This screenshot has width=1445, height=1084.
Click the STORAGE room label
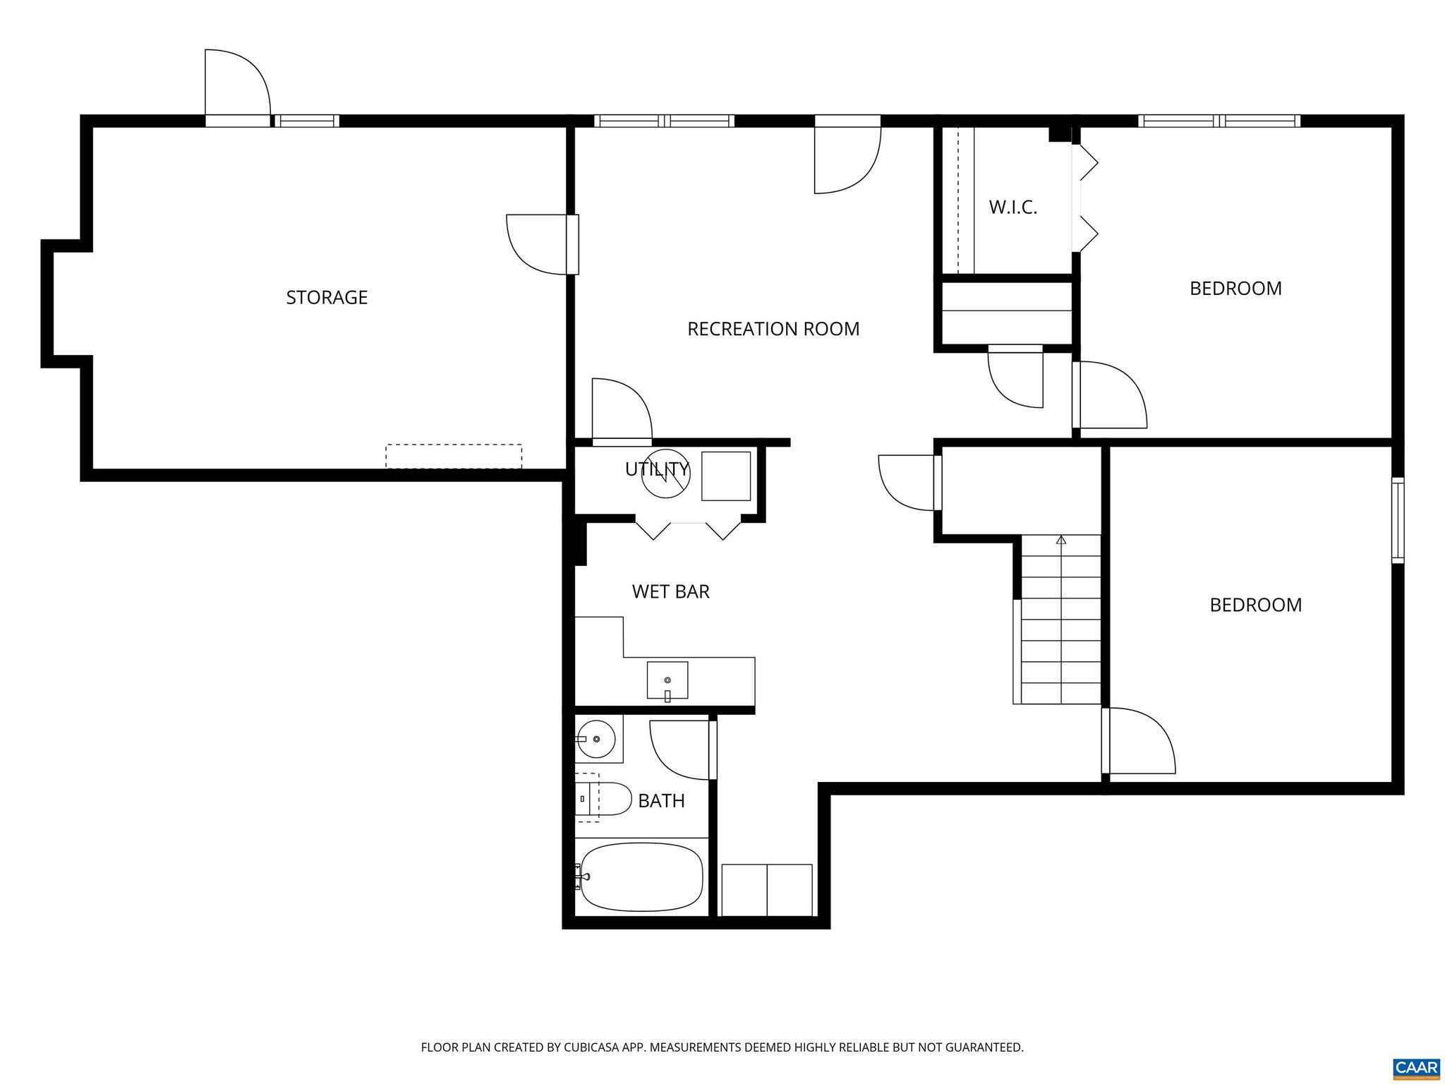pyautogui.click(x=327, y=297)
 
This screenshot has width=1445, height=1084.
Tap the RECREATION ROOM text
pyautogui.click(x=773, y=329)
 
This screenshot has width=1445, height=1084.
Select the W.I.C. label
pyautogui.click(x=1012, y=207)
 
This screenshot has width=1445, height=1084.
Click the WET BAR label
pyautogui.click(x=670, y=591)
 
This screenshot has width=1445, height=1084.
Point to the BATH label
pyautogui.click(x=661, y=801)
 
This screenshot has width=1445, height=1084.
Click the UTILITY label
pyautogui.click(x=656, y=469)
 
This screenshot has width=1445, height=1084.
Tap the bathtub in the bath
pyautogui.click(x=641, y=877)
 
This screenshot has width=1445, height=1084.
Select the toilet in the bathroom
pyautogui.click(x=605, y=799)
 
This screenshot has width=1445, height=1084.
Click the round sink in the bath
pyautogui.click(x=596, y=739)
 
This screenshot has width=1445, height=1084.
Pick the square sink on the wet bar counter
pyautogui.click(x=667, y=680)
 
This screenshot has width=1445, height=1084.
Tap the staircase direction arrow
pyautogui.click(x=1060, y=541)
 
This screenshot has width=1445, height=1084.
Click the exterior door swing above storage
pyautogui.click(x=236, y=83)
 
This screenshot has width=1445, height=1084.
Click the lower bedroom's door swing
pyautogui.click(x=1140, y=741)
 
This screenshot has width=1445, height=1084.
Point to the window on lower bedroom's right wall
pyautogui.click(x=1397, y=520)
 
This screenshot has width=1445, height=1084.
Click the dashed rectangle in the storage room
pyautogui.click(x=454, y=456)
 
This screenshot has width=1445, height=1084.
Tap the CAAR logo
pyautogui.click(x=1416, y=1066)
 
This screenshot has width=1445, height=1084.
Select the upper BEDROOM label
pyautogui.click(x=1235, y=289)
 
